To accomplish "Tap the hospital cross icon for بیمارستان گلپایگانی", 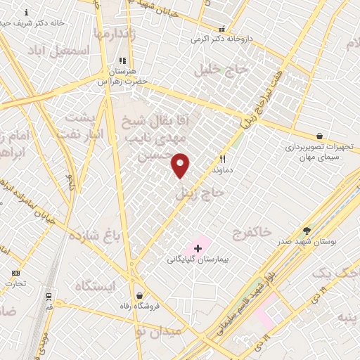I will coord(198,247).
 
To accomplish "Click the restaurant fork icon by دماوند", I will coord(223,160).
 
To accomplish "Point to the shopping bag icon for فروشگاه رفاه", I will coord(140,295).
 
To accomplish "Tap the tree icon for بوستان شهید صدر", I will coord(307,230).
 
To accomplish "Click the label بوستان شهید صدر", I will coord(307,240).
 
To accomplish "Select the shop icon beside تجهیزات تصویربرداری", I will coord(320,136).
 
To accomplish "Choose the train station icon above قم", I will coord(49,297).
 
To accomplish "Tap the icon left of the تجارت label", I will coord(16,273).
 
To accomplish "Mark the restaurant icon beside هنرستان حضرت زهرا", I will coord(122,60).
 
